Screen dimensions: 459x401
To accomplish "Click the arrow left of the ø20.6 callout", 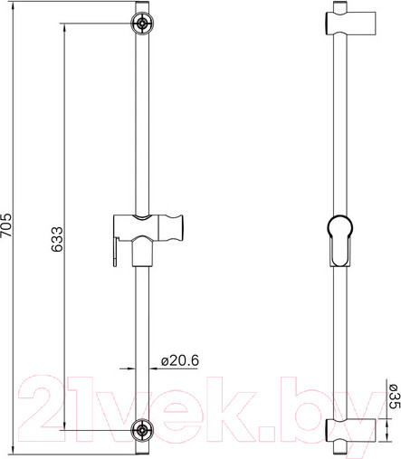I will pyautogui.click(x=127, y=368).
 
